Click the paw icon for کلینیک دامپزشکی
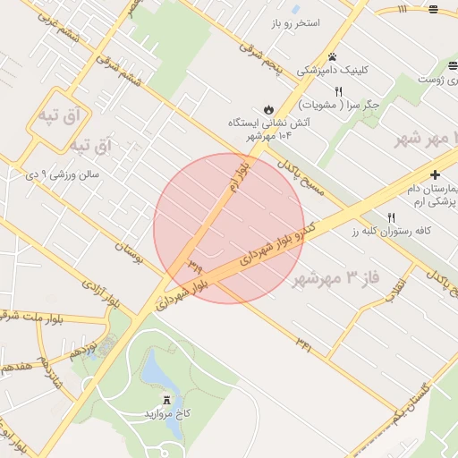(x=332, y=55)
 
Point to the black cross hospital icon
(x=435, y=174)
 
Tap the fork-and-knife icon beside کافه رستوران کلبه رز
(x=392, y=217)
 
